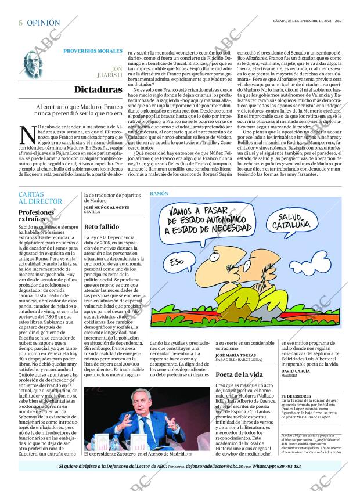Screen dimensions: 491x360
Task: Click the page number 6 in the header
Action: [20, 23]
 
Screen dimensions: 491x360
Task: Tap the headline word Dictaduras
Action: [97, 90]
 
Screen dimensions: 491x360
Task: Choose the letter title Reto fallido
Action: [102, 226]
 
